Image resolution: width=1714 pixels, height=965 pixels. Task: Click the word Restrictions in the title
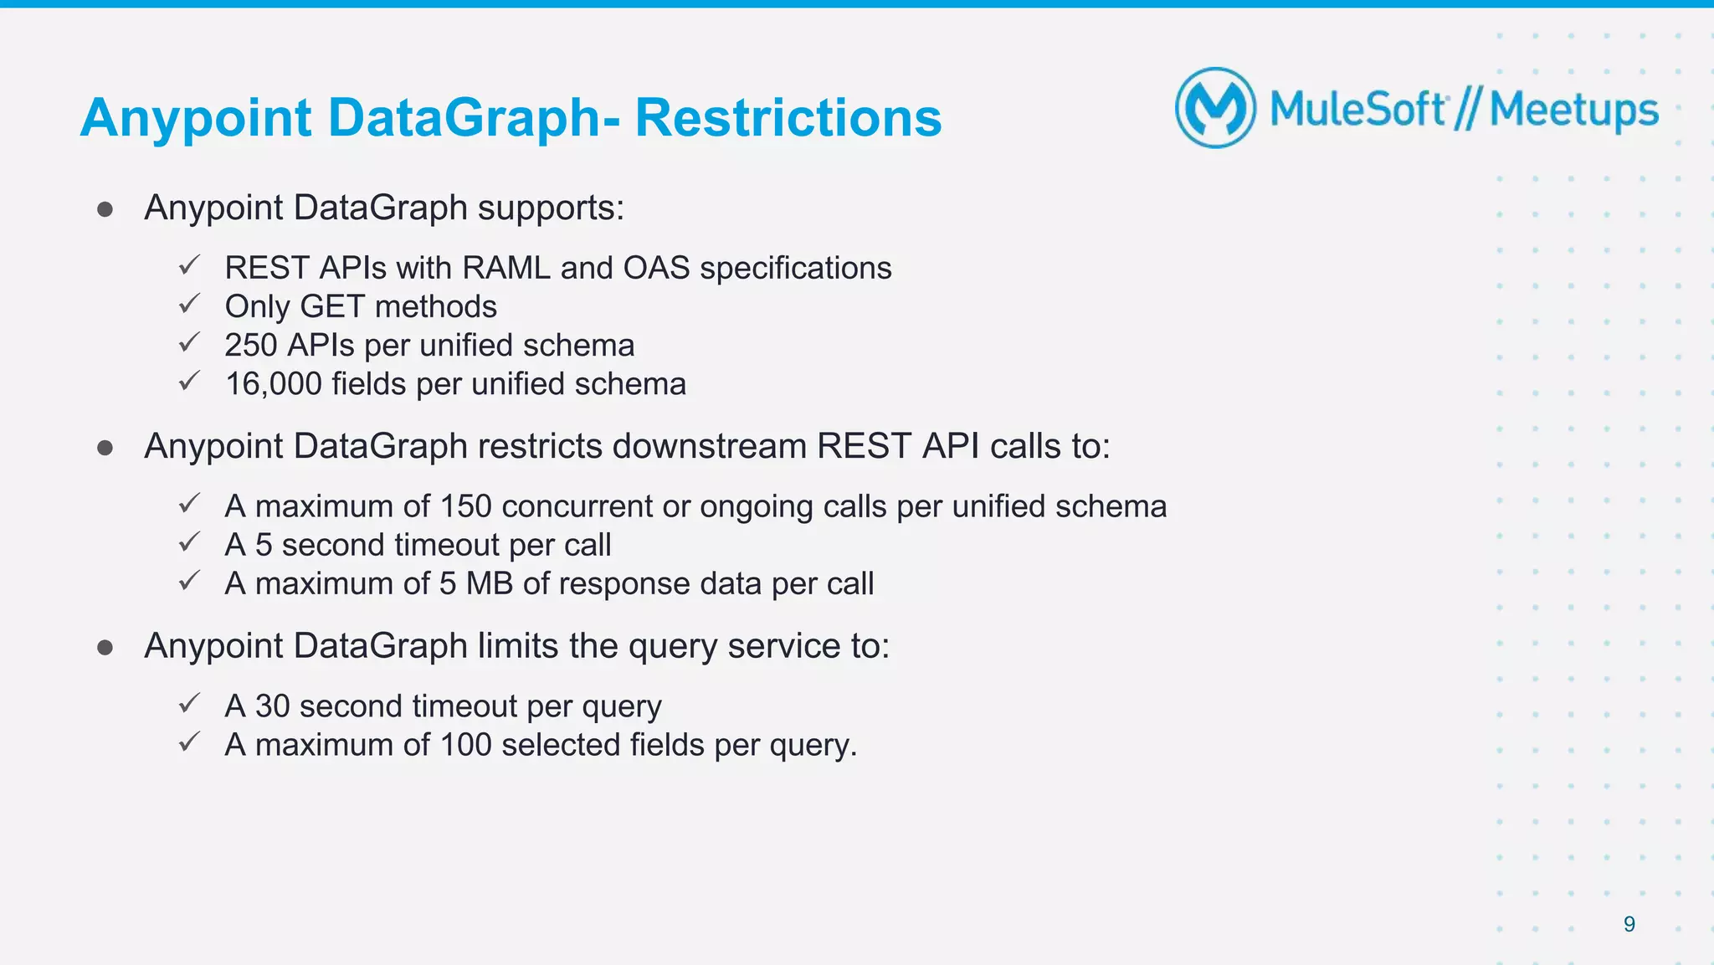tap(788, 117)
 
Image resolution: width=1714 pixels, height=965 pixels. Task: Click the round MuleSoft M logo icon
tap(1215, 108)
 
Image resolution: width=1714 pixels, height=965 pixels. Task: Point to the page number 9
tap(1629, 924)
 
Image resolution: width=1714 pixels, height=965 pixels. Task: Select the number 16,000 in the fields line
tap(273, 384)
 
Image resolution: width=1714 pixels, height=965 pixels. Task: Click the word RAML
tap(506, 269)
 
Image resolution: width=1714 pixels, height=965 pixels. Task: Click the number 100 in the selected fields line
tap(465, 745)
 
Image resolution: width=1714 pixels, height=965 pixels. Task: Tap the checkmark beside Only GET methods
tap(190, 304)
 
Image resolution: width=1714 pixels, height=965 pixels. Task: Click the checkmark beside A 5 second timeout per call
tap(190, 542)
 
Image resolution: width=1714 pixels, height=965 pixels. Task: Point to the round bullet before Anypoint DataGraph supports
tap(105, 209)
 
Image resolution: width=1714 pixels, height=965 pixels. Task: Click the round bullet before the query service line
tap(105, 648)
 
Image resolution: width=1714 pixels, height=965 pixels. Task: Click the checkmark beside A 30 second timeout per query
tap(190, 703)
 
